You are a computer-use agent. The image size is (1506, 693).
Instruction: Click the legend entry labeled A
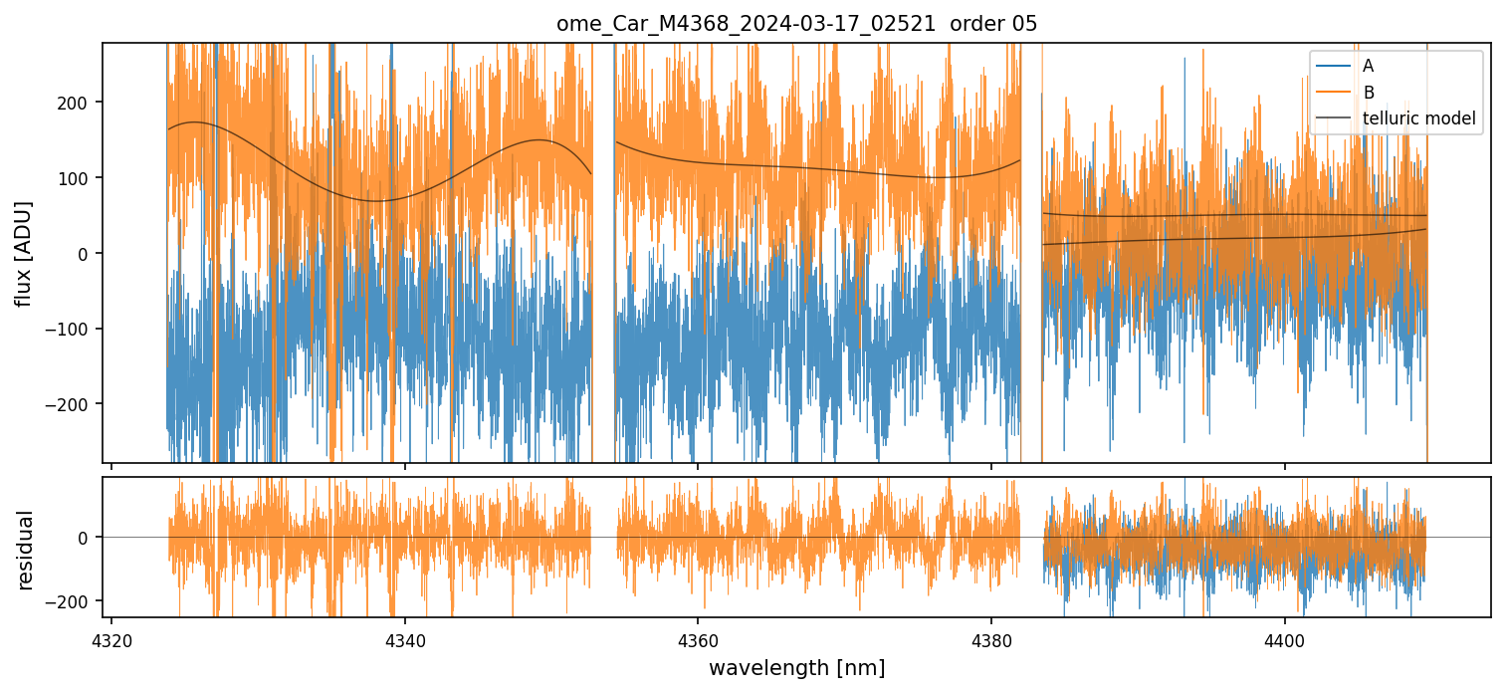point(1368,66)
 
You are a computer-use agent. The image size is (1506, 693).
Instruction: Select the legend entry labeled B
point(1368,93)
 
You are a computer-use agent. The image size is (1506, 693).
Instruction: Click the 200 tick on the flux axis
point(77,103)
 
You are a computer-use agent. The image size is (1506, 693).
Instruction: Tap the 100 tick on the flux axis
point(77,178)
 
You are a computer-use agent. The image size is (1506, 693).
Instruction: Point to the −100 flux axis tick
point(73,329)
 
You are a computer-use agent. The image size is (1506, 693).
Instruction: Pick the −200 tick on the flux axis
point(73,404)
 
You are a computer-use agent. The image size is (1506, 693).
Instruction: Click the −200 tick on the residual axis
point(73,601)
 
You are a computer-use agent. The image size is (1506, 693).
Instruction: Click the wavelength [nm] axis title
point(796,667)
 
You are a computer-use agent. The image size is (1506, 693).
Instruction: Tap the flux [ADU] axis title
point(23,253)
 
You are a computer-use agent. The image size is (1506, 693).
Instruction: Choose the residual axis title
point(25,550)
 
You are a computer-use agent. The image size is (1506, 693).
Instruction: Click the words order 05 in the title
point(993,24)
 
